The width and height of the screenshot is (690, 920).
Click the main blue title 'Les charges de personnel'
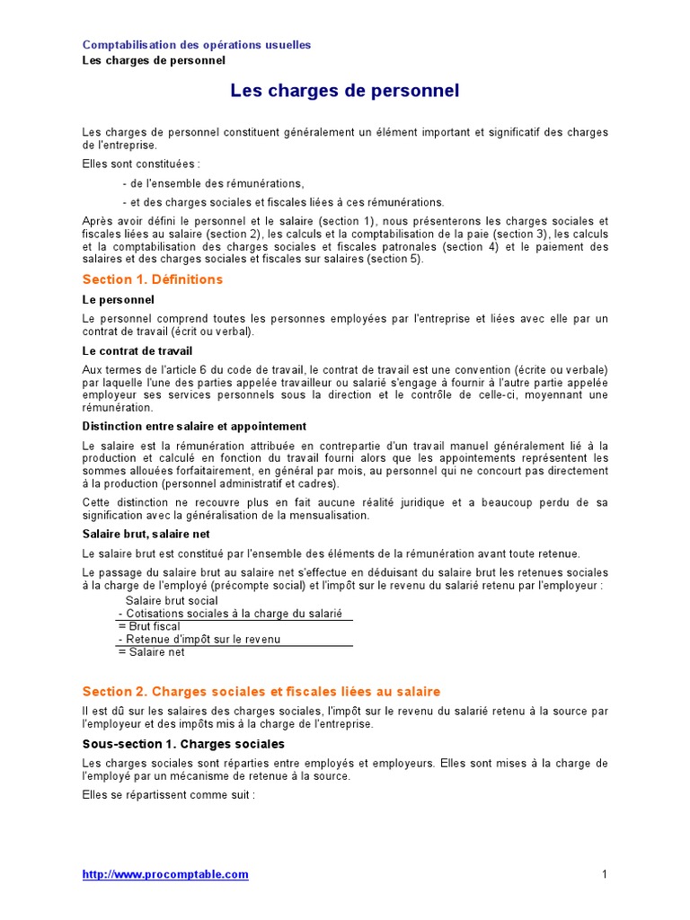click(345, 91)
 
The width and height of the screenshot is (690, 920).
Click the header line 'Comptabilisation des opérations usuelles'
click(197, 45)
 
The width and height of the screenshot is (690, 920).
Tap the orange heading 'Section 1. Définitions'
click(153, 279)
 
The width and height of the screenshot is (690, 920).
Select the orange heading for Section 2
click(261, 691)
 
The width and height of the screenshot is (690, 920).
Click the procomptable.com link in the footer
click(165, 874)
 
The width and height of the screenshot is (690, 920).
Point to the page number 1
click(605, 874)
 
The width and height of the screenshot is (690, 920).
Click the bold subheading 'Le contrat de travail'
click(137, 350)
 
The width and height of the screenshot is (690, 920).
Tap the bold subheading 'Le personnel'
click(118, 299)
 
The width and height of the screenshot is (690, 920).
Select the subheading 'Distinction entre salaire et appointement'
click(194, 426)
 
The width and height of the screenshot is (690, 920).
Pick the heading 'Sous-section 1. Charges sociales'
click(183, 744)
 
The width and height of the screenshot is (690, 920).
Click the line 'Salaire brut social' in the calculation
click(172, 600)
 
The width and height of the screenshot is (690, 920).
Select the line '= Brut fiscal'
click(148, 626)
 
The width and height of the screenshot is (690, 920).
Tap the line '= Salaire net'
click(151, 652)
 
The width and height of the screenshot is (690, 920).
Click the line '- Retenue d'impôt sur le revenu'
click(199, 639)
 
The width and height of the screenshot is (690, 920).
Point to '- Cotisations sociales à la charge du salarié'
click(230, 613)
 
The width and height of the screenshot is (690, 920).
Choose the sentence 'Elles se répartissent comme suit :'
click(169, 795)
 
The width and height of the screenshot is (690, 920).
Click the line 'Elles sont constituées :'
click(141, 164)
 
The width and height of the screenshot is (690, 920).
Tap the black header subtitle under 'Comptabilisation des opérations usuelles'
click(154, 60)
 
